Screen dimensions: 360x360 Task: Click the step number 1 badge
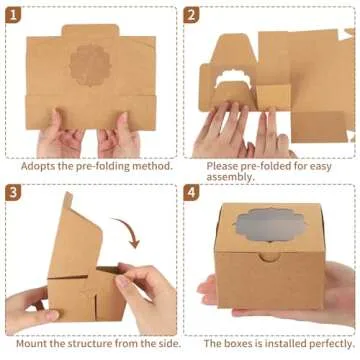15,16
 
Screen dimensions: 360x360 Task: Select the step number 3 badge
15,191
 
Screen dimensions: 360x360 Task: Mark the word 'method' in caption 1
153,167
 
